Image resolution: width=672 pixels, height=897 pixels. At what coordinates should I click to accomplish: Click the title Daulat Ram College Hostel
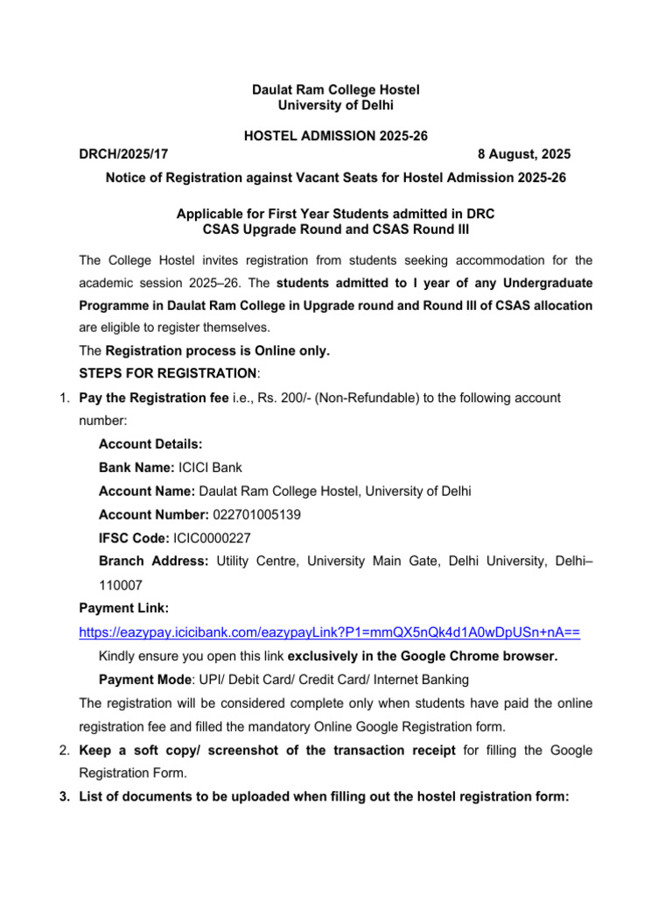click(336, 90)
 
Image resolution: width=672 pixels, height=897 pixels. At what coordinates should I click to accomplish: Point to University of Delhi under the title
click(336, 105)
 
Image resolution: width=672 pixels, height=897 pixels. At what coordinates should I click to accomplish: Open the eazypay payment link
click(330, 631)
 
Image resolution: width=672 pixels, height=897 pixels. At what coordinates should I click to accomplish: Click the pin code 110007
click(123, 583)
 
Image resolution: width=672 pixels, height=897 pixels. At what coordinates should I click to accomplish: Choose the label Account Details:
click(150, 445)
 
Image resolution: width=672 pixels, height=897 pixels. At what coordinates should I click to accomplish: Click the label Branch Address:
click(153, 561)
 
